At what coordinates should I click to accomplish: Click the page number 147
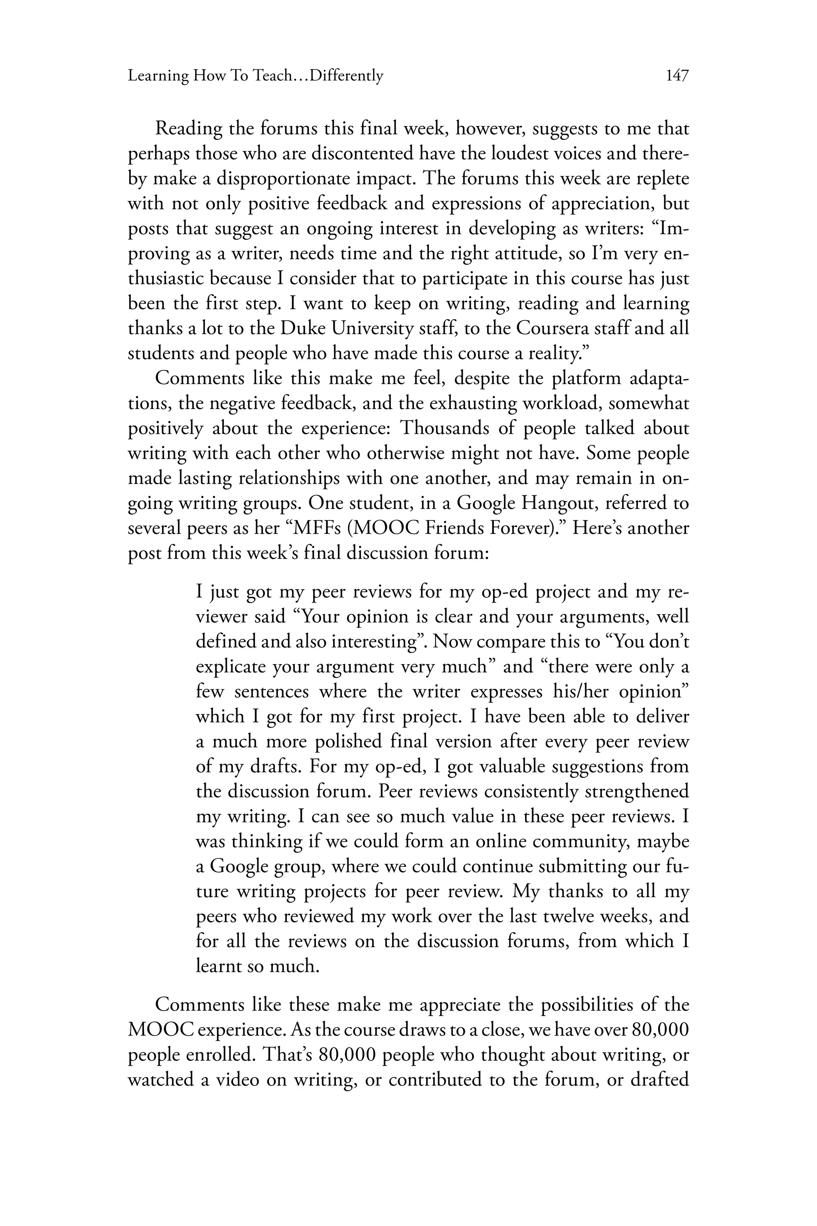click(677, 76)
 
